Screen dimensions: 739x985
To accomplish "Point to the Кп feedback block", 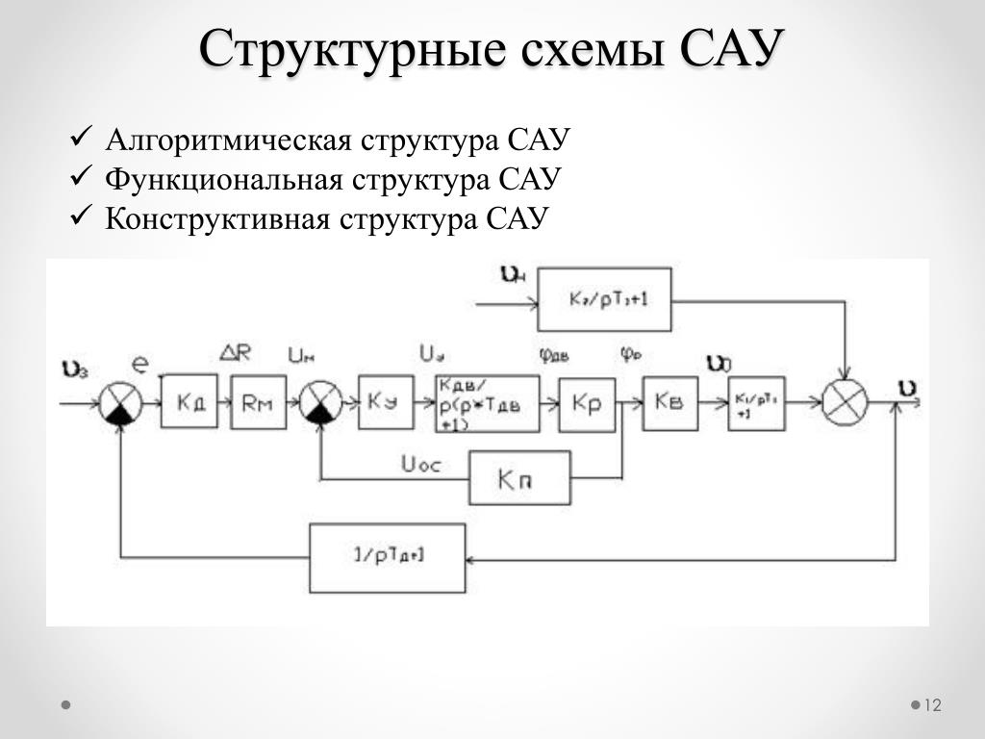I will [x=519, y=478].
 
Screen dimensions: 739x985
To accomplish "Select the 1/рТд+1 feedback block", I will [x=388, y=558].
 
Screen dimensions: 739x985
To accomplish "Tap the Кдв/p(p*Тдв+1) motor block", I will [x=487, y=403].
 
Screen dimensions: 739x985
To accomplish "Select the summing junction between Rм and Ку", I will [x=320, y=402].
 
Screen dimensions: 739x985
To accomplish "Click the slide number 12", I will [x=931, y=705].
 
